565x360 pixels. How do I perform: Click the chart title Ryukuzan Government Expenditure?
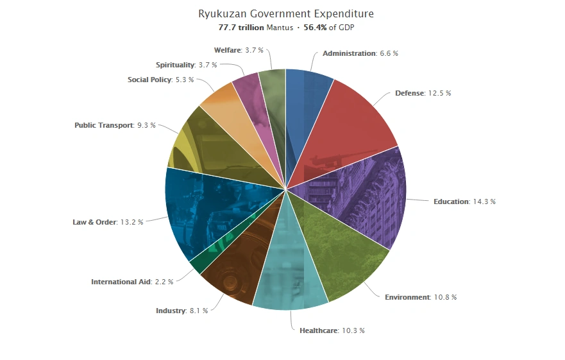click(285, 13)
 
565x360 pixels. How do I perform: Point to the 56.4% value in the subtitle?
click(315, 28)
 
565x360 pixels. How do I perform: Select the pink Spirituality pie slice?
click(253, 103)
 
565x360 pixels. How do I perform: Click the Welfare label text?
click(227, 50)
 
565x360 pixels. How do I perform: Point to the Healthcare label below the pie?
click(318, 330)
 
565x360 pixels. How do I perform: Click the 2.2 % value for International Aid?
click(164, 282)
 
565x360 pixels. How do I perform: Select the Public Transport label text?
click(103, 125)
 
